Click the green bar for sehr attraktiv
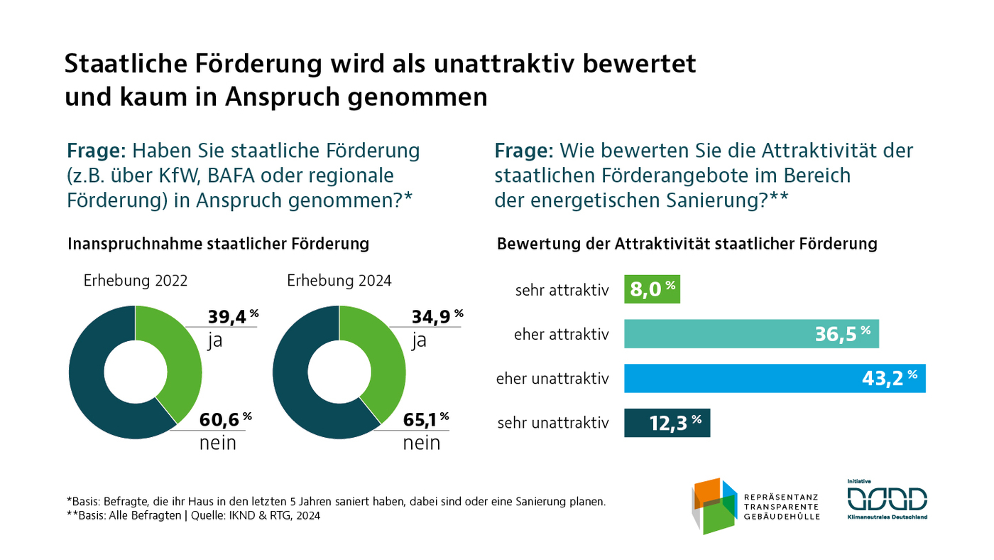[x=651, y=290]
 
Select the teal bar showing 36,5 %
[x=750, y=334]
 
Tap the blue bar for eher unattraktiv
[x=774, y=378]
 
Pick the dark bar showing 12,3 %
[x=667, y=423]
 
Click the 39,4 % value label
[x=230, y=317]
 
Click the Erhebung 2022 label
[x=136, y=281]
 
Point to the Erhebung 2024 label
[x=339, y=281]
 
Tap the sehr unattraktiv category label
[x=552, y=424]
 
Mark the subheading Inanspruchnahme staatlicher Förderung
[x=218, y=244]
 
